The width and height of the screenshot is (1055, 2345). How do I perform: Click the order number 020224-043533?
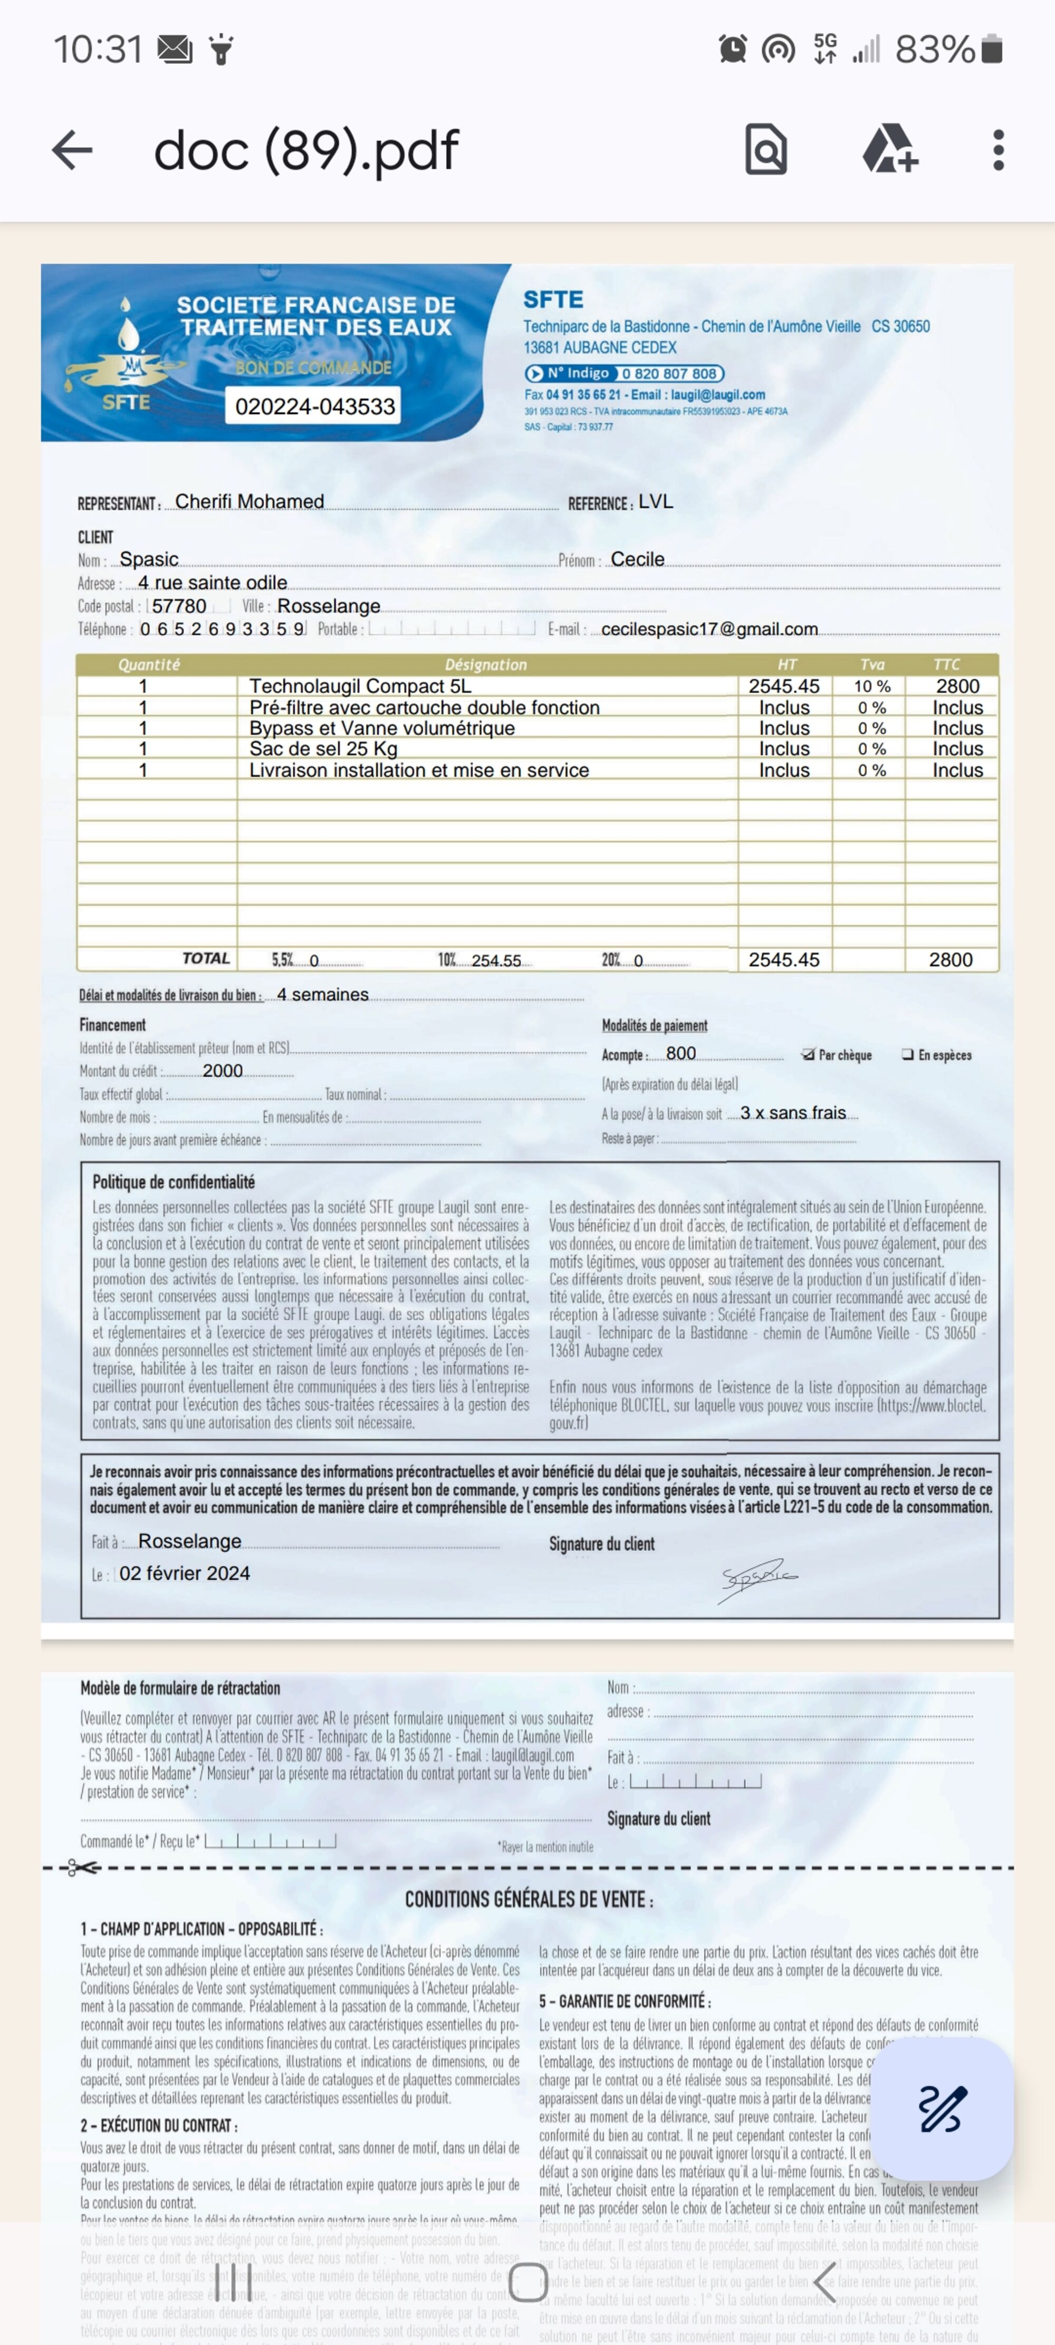coord(315,406)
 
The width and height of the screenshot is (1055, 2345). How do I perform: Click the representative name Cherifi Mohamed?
coord(250,502)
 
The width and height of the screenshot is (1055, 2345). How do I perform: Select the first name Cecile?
coord(637,559)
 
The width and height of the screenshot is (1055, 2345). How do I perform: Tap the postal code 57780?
coord(179,606)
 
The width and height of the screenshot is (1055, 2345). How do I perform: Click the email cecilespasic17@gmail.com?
coord(709,629)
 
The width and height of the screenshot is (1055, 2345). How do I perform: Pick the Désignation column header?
coord(485,664)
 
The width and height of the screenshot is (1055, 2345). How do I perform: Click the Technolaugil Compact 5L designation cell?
coord(360,687)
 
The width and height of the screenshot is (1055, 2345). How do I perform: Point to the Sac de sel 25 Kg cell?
coord(323,748)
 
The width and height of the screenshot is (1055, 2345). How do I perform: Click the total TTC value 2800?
coord(951,959)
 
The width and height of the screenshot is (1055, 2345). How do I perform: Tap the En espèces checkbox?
coord(907,1054)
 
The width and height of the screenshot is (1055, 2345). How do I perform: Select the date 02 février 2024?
coord(185,1573)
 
